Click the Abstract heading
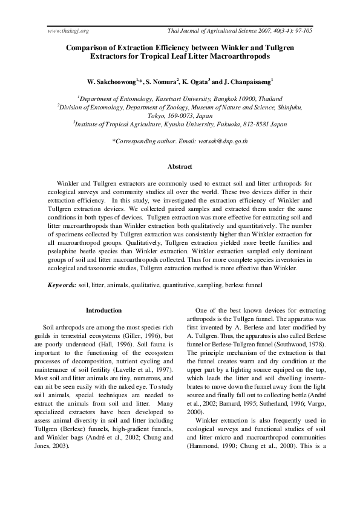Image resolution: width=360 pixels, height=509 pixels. [180, 166]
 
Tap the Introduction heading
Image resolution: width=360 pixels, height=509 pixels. [103, 310]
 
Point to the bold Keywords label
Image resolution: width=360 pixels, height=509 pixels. [62, 284]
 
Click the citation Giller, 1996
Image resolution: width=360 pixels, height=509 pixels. [140, 336]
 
